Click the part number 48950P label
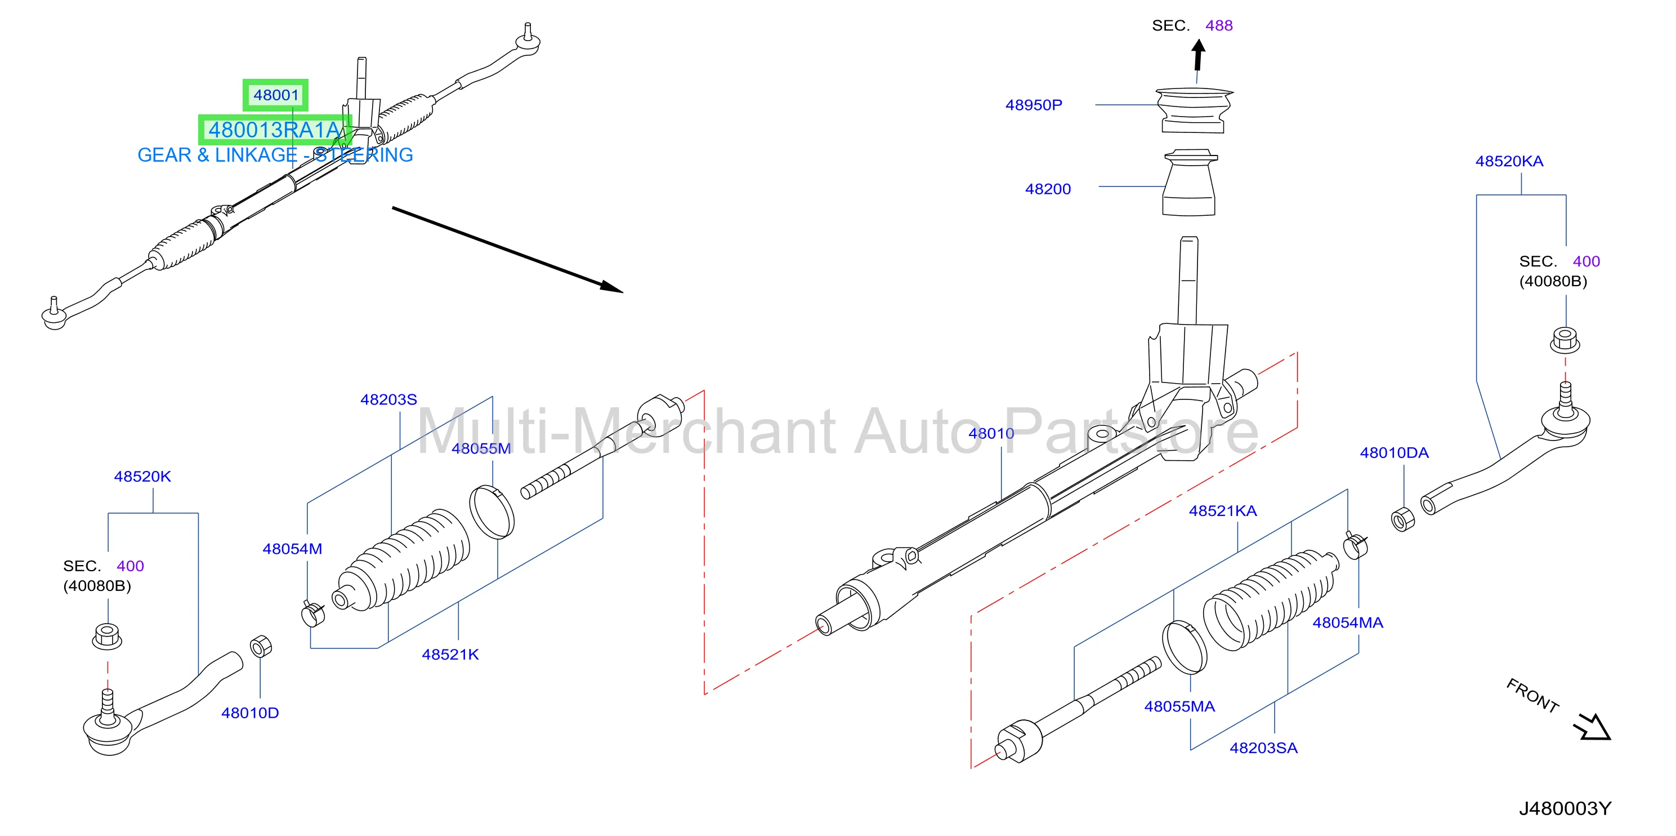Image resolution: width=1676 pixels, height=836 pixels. [1033, 105]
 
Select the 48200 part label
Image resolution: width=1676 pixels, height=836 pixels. [1048, 189]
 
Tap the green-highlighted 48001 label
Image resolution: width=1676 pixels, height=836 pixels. [276, 95]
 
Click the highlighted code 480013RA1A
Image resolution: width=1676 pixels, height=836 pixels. [274, 130]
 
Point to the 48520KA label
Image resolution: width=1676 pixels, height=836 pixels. [1509, 161]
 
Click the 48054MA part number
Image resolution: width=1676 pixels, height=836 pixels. [1347, 622]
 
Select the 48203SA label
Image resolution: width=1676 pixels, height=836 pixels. [1263, 748]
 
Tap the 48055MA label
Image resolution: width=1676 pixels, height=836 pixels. [1179, 706]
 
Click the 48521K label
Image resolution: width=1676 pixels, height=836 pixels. [450, 655]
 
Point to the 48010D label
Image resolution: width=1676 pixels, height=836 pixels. [250, 713]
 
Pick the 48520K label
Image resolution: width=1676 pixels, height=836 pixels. [142, 476]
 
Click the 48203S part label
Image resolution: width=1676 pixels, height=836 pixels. [388, 399]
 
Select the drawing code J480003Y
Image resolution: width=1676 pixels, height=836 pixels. [1565, 808]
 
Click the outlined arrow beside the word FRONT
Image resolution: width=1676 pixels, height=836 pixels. [1593, 727]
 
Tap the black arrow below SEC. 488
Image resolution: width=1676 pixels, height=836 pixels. [1199, 55]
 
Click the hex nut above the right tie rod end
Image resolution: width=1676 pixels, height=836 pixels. [1565, 340]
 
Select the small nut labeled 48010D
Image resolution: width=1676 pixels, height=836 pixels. [260, 647]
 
